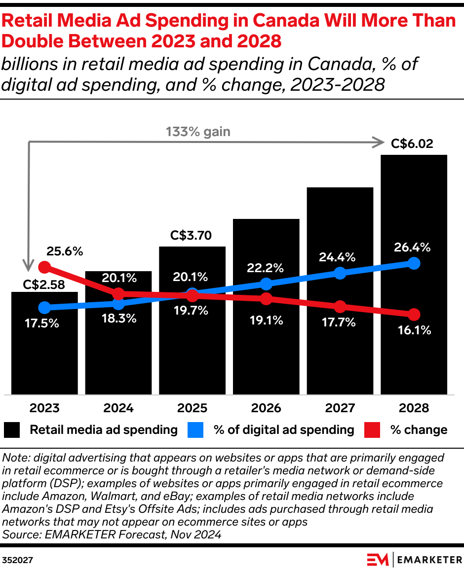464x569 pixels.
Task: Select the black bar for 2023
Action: (x=44, y=355)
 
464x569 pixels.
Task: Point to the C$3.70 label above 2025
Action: (x=191, y=236)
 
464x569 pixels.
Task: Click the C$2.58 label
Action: (x=44, y=284)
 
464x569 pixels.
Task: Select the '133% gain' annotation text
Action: (x=198, y=132)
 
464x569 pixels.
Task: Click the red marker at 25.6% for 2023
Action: (x=44, y=267)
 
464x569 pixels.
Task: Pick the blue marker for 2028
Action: (x=414, y=263)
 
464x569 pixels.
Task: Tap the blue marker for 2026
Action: (x=266, y=284)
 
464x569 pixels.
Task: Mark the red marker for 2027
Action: (x=340, y=307)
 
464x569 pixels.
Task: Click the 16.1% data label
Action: (x=414, y=330)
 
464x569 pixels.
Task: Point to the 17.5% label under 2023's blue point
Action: (x=42, y=324)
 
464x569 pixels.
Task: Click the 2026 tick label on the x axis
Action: (x=266, y=408)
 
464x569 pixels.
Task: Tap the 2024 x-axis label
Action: (x=118, y=408)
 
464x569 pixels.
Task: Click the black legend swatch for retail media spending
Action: (x=12, y=430)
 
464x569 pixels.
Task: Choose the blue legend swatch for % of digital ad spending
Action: (x=195, y=430)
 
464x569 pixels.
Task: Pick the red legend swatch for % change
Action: (x=372, y=430)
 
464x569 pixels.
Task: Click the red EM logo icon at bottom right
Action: (x=378, y=560)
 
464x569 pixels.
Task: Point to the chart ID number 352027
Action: (x=17, y=560)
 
